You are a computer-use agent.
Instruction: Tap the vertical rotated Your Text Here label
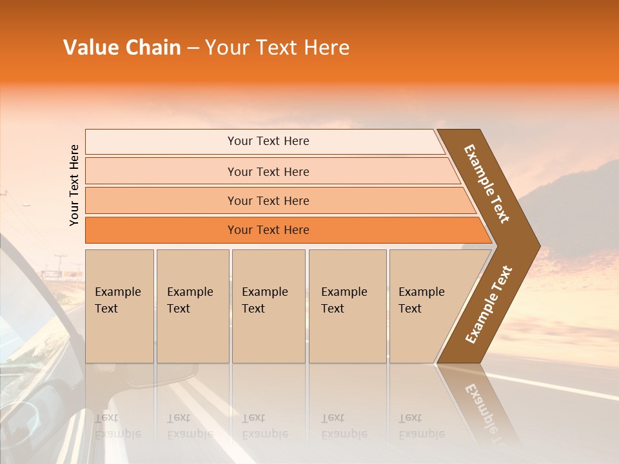pos(74,186)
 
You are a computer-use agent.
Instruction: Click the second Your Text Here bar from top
pos(268,171)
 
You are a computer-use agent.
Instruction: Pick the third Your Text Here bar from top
pos(268,200)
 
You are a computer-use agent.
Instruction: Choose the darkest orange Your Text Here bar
pos(268,230)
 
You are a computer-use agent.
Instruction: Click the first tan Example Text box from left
pos(119,305)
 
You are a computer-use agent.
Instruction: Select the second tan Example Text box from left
pos(192,305)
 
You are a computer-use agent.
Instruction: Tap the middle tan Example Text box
pos(268,305)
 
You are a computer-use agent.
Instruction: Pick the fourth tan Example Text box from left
pos(347,305)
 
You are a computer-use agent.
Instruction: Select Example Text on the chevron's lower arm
pos(489,304)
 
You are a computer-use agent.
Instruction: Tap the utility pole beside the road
pos(60,264)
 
